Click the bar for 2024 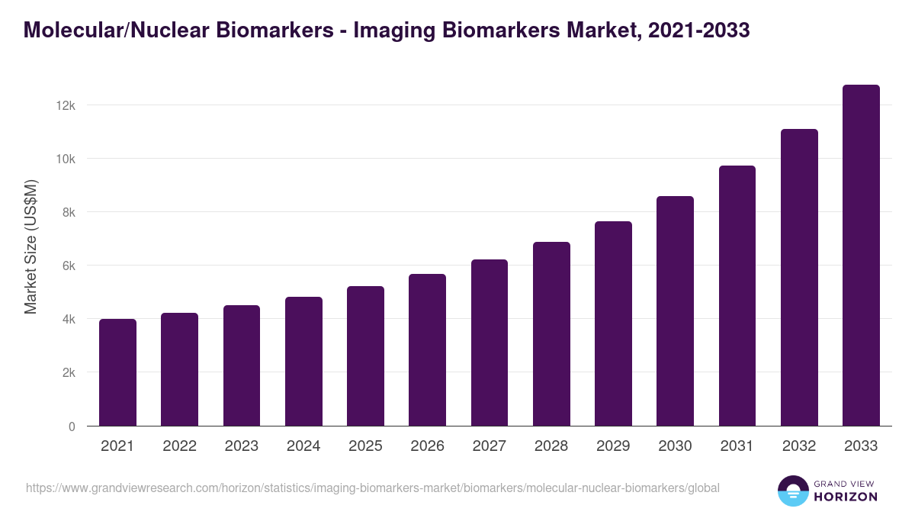coord(303,362)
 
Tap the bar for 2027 coord(490,343)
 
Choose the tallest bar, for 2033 coord(861,256)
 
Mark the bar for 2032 coord(799,278)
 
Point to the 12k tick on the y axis coord(66,105)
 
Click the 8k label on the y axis coord(69,212)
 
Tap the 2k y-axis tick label coord(69,373)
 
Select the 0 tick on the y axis coord(72,426)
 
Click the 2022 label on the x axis coord(179,446)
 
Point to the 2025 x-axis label coord(365,446)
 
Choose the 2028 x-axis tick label coord(551,446)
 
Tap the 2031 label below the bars coord(737,446)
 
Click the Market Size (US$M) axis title coord(31,246)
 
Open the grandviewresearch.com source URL coord(373,488)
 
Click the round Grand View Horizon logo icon coord(793,491)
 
